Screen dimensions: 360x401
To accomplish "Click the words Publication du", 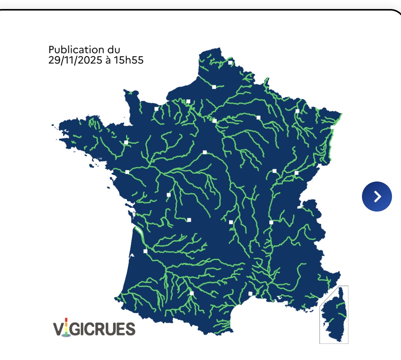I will [x=84, y=49].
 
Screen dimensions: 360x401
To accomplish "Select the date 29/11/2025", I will [x=75, y=60].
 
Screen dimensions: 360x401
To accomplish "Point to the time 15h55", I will [x=129, y=60].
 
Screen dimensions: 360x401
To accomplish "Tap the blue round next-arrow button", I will [x=377, y=196].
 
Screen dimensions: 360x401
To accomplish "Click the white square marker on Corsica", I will [x=327, y=324].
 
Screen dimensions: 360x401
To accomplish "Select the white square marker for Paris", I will [x=214, y=121].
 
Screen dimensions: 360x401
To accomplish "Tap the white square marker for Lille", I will [x=230, y=62].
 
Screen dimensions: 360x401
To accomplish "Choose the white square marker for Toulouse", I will [x=191, y=293].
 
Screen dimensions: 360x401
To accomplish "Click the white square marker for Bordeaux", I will [x=145, y=251].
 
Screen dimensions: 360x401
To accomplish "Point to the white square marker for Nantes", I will [x=127, y=172].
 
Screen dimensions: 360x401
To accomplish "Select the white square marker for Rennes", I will [x=126, y=142].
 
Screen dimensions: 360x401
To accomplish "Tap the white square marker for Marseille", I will [x=286, y=303].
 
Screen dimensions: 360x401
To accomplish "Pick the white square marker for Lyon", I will [x=271, y=222].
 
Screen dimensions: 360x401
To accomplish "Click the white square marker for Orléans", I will [x=205, y=152].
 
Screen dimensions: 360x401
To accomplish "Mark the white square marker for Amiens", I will [x=214, y=87].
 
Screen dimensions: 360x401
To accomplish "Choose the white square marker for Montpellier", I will [x=250, y=293].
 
